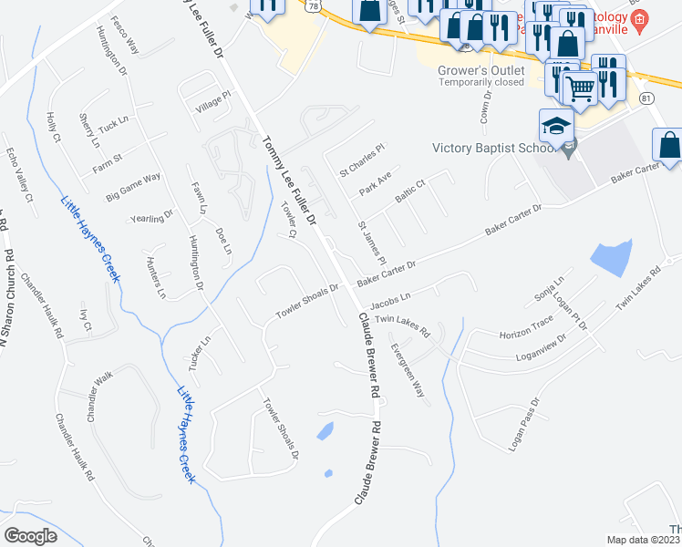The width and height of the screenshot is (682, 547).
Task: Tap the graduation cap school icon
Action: click(x=557, y=126)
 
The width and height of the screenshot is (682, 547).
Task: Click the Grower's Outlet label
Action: click(x=482, y=70)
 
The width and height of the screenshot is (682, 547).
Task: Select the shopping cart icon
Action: click(x=581, y=88)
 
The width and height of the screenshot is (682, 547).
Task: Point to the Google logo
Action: click(x=31, y=535)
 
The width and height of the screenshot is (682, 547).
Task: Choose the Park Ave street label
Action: click(x=375, y=181)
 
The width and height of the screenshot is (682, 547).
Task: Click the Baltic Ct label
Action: click(x=410, y=191)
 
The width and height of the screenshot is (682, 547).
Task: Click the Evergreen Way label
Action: click(x=408, y=368)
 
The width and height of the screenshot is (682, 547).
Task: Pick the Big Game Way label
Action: click(x=133, y=185)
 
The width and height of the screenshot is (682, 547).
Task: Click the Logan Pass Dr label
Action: click(x=523, y=425)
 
